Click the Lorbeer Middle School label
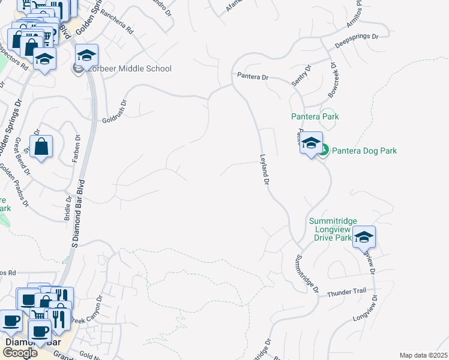click(130, 69)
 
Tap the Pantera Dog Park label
click(364, 151)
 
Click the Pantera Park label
click(315, 116)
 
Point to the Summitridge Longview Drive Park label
click(330, 229)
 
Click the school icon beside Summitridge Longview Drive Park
click(364, 237)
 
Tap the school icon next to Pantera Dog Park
click(311, 143)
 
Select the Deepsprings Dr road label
click(357, 40)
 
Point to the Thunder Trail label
click(346, 293)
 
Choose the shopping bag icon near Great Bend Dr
click(41, 147)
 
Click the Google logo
click(20, 352)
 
